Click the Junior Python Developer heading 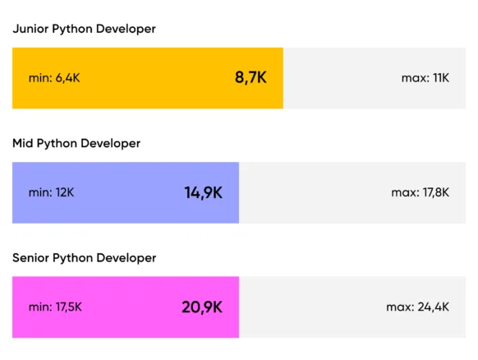coord(84,30)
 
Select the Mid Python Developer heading coord(76,144)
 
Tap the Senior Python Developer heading coord(85,258)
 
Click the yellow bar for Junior coord(148,78)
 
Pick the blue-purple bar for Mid coord(126,193)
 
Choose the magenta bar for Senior coord(126,307)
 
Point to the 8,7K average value coord(250,77)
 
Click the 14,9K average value coord(204,193)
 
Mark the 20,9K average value coord(202,307)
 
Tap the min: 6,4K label coord(54,78)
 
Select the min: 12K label coord(51,193)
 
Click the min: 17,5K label coord(55,307)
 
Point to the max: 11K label coord(425,78)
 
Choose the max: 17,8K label coord(421,193)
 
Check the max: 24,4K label coord(418,307)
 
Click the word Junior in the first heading coord(30,29)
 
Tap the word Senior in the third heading coord(30,258)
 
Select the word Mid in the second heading coord(23,143)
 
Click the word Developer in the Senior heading coord(126,259)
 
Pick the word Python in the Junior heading coord(72,30)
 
